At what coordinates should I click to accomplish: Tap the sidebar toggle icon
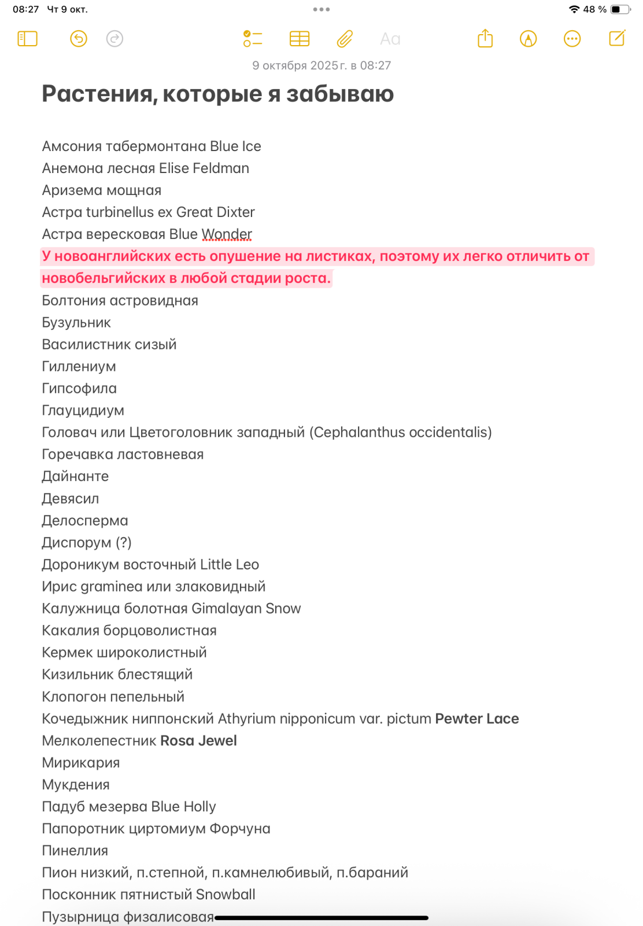tap(27, 39)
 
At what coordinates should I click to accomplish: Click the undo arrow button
tap(79, 39)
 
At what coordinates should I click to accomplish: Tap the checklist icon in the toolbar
tap(253, 39)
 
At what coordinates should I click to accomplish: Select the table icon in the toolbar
tap(300, 39)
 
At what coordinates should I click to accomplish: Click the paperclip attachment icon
tap(345, 39)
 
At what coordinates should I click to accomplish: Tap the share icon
tap(485, 39)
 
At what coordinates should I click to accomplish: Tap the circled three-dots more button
tap(572, 39)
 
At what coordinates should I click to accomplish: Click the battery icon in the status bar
tap(620, 9)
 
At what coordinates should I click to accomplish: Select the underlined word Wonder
tap(227, 234)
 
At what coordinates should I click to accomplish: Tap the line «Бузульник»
tap(76, 322)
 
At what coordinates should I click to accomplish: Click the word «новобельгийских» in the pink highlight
tap(104, 278)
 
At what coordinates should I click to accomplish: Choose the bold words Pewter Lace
tap(476, 719)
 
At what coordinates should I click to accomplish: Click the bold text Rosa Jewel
tap(198, 741)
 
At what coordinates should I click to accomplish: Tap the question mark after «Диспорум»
tap(124, 543)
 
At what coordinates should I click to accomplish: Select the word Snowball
tap(226, 895)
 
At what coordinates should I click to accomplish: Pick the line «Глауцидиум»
tap(83, 410)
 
